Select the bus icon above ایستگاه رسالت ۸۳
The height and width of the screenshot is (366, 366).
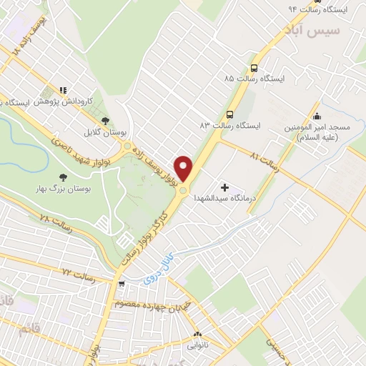pos(230,114)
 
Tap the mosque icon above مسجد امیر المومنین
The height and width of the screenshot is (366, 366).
pos(317,117)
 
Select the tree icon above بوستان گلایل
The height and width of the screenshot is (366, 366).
pos(106,121)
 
